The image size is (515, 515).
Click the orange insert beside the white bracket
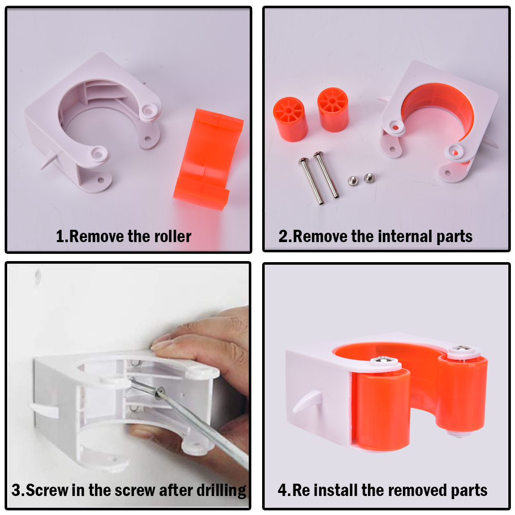(x=209, y=159)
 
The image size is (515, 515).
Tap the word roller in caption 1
(x=173, y=236)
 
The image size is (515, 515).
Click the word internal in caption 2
(x=405, y=236)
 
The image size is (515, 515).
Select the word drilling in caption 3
(x=221, y=491)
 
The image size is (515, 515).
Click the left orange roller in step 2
(x=290, y=119)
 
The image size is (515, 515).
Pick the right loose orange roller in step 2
(x=333, y=109)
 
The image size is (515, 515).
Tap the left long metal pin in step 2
(x=311, y=180)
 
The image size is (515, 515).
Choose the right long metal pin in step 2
(x=326, y=174)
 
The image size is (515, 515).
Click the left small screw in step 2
(x=353, y=180)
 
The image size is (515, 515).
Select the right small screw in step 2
(x=369, y=178)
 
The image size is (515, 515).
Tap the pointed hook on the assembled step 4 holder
(x=306, y=401)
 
